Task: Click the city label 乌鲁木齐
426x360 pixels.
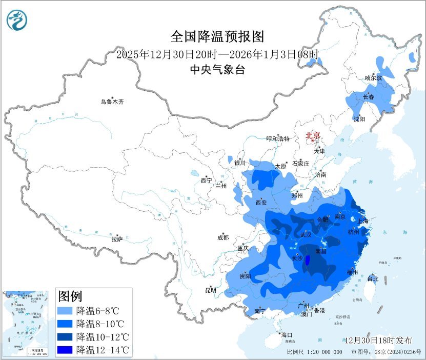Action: (x=112, y=102)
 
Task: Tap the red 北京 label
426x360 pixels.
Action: (x=313, y=136)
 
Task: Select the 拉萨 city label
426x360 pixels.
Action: (x=117, y=239)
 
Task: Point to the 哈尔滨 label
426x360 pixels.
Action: (x=373, y=78)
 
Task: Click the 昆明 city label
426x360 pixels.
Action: (x=211, y=290)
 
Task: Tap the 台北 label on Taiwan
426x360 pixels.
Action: (x=373, y=279)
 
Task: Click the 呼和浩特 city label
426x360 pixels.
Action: (x=278, y=139)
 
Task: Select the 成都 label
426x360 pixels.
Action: (x=223, y=237)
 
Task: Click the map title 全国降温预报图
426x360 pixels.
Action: (x=217, y=37)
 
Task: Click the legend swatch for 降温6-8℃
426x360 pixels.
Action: (x=66, y=311)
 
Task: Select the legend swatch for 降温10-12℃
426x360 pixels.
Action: (x=66, y=337)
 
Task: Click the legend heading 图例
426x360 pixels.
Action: (x=70, y=296)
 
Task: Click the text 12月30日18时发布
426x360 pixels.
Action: (x=379, y=341)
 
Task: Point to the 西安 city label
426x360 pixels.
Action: (x=261, y=203)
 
